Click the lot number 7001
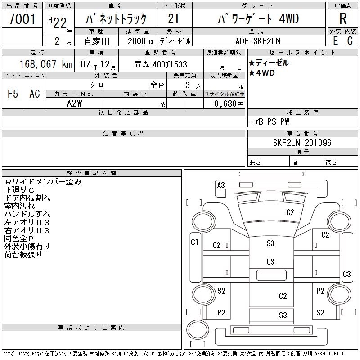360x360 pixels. click(x=22, y=19)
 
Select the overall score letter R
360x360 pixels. click(x=342, y=19)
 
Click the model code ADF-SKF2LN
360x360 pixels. click(x=258, y=41)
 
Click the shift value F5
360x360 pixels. click(x=13, y=94)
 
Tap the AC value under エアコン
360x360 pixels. click(x=35, y=94)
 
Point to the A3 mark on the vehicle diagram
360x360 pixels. click(x=221, y=185)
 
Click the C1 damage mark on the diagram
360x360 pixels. click(x=195, y=242)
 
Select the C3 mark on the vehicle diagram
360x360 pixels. click(x=347, y=274)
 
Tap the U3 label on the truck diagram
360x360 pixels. click(x=270, y=261)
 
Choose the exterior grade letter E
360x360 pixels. click(x=335, y=41)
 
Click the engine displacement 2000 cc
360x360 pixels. click(x=137, y=41)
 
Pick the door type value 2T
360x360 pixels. click(x=174, y=19)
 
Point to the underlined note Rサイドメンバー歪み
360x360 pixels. click(x=43, y=182)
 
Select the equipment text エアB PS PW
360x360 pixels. click(x=269, y=122)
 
